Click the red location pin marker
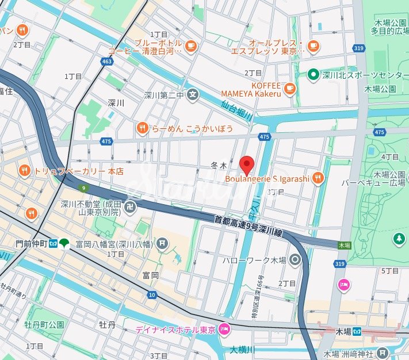tap(246, 164)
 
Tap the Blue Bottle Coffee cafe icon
tap(190, 45)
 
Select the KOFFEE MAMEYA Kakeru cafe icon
tap(289, 88)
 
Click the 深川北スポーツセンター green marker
tap(313, 74)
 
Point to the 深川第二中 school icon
tap(194, 94)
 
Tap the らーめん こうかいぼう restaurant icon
tap(142, 128)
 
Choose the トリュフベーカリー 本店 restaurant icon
tap(24, 170)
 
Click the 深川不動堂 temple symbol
tap(129, 207)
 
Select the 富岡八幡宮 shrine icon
tap(163, 243)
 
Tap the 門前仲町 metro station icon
tap(52, 243)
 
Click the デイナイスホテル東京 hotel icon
tap(224, 330)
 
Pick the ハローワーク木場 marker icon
tap(296, 260)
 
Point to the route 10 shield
tap(152, 295)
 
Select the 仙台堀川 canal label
tap(236, 110)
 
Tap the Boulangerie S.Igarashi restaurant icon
tap(319, 178)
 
